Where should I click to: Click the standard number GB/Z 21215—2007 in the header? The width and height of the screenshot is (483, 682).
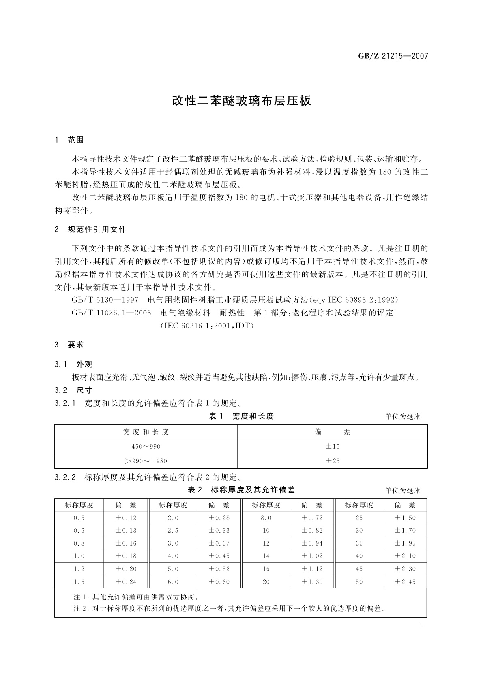pyautogui.click(x=393, y=56)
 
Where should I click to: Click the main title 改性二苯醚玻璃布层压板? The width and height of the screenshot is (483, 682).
pyautogui.click(x=241, y=101)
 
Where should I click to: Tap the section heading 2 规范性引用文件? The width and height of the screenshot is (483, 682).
pyautogui.click(x=90, y=230)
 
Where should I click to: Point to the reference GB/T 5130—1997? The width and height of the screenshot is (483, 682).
pyautogui.click(x=105, y=300)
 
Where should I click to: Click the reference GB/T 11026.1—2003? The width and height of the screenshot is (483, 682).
pyautogui.click(x=111, y=313)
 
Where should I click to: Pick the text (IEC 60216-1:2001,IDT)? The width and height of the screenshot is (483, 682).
pyautogui.click(x=207, y=326)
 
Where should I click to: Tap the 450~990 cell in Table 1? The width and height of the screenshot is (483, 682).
pyautogui.click(x=146, y=446)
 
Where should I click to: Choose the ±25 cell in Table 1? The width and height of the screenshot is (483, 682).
pyautogui.click(x=333, y=461)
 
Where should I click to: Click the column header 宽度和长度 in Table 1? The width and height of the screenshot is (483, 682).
pyautogui.click(x=146, y=432)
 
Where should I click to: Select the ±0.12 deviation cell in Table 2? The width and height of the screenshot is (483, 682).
pyautogui.click(x=126, y=518)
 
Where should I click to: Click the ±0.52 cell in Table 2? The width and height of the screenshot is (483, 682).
pyautogui.click(x=219, y=569)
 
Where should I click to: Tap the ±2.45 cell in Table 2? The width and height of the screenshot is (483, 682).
pyautogui.click(x=405, y=582)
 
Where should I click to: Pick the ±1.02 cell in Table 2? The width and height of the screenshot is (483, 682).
pyautogui.click(x=312, y=556)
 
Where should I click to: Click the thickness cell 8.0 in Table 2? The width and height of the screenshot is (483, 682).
pyautogui.click(x=266, y=518)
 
